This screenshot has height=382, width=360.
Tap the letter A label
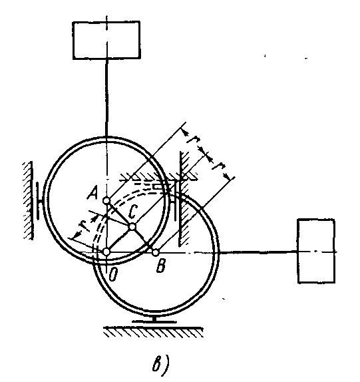(92, 194)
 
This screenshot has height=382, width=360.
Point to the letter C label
(133, 212)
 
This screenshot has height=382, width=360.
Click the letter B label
(161, 266)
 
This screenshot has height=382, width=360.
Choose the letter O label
(113, 275)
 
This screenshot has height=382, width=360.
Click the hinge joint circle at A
(106, 200)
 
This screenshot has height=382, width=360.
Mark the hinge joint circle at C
(132, 227)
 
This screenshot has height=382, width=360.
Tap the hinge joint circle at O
(106, 252)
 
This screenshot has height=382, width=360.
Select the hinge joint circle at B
(156, 252)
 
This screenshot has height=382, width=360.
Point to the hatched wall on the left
(28, 200)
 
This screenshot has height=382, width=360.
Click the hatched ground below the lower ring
(154, 332)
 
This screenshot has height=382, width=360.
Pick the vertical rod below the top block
(106, 98)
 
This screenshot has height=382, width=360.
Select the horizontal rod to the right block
(258, 253)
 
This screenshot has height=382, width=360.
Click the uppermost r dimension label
(194, 140)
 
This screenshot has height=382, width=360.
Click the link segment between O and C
(119, 239)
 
